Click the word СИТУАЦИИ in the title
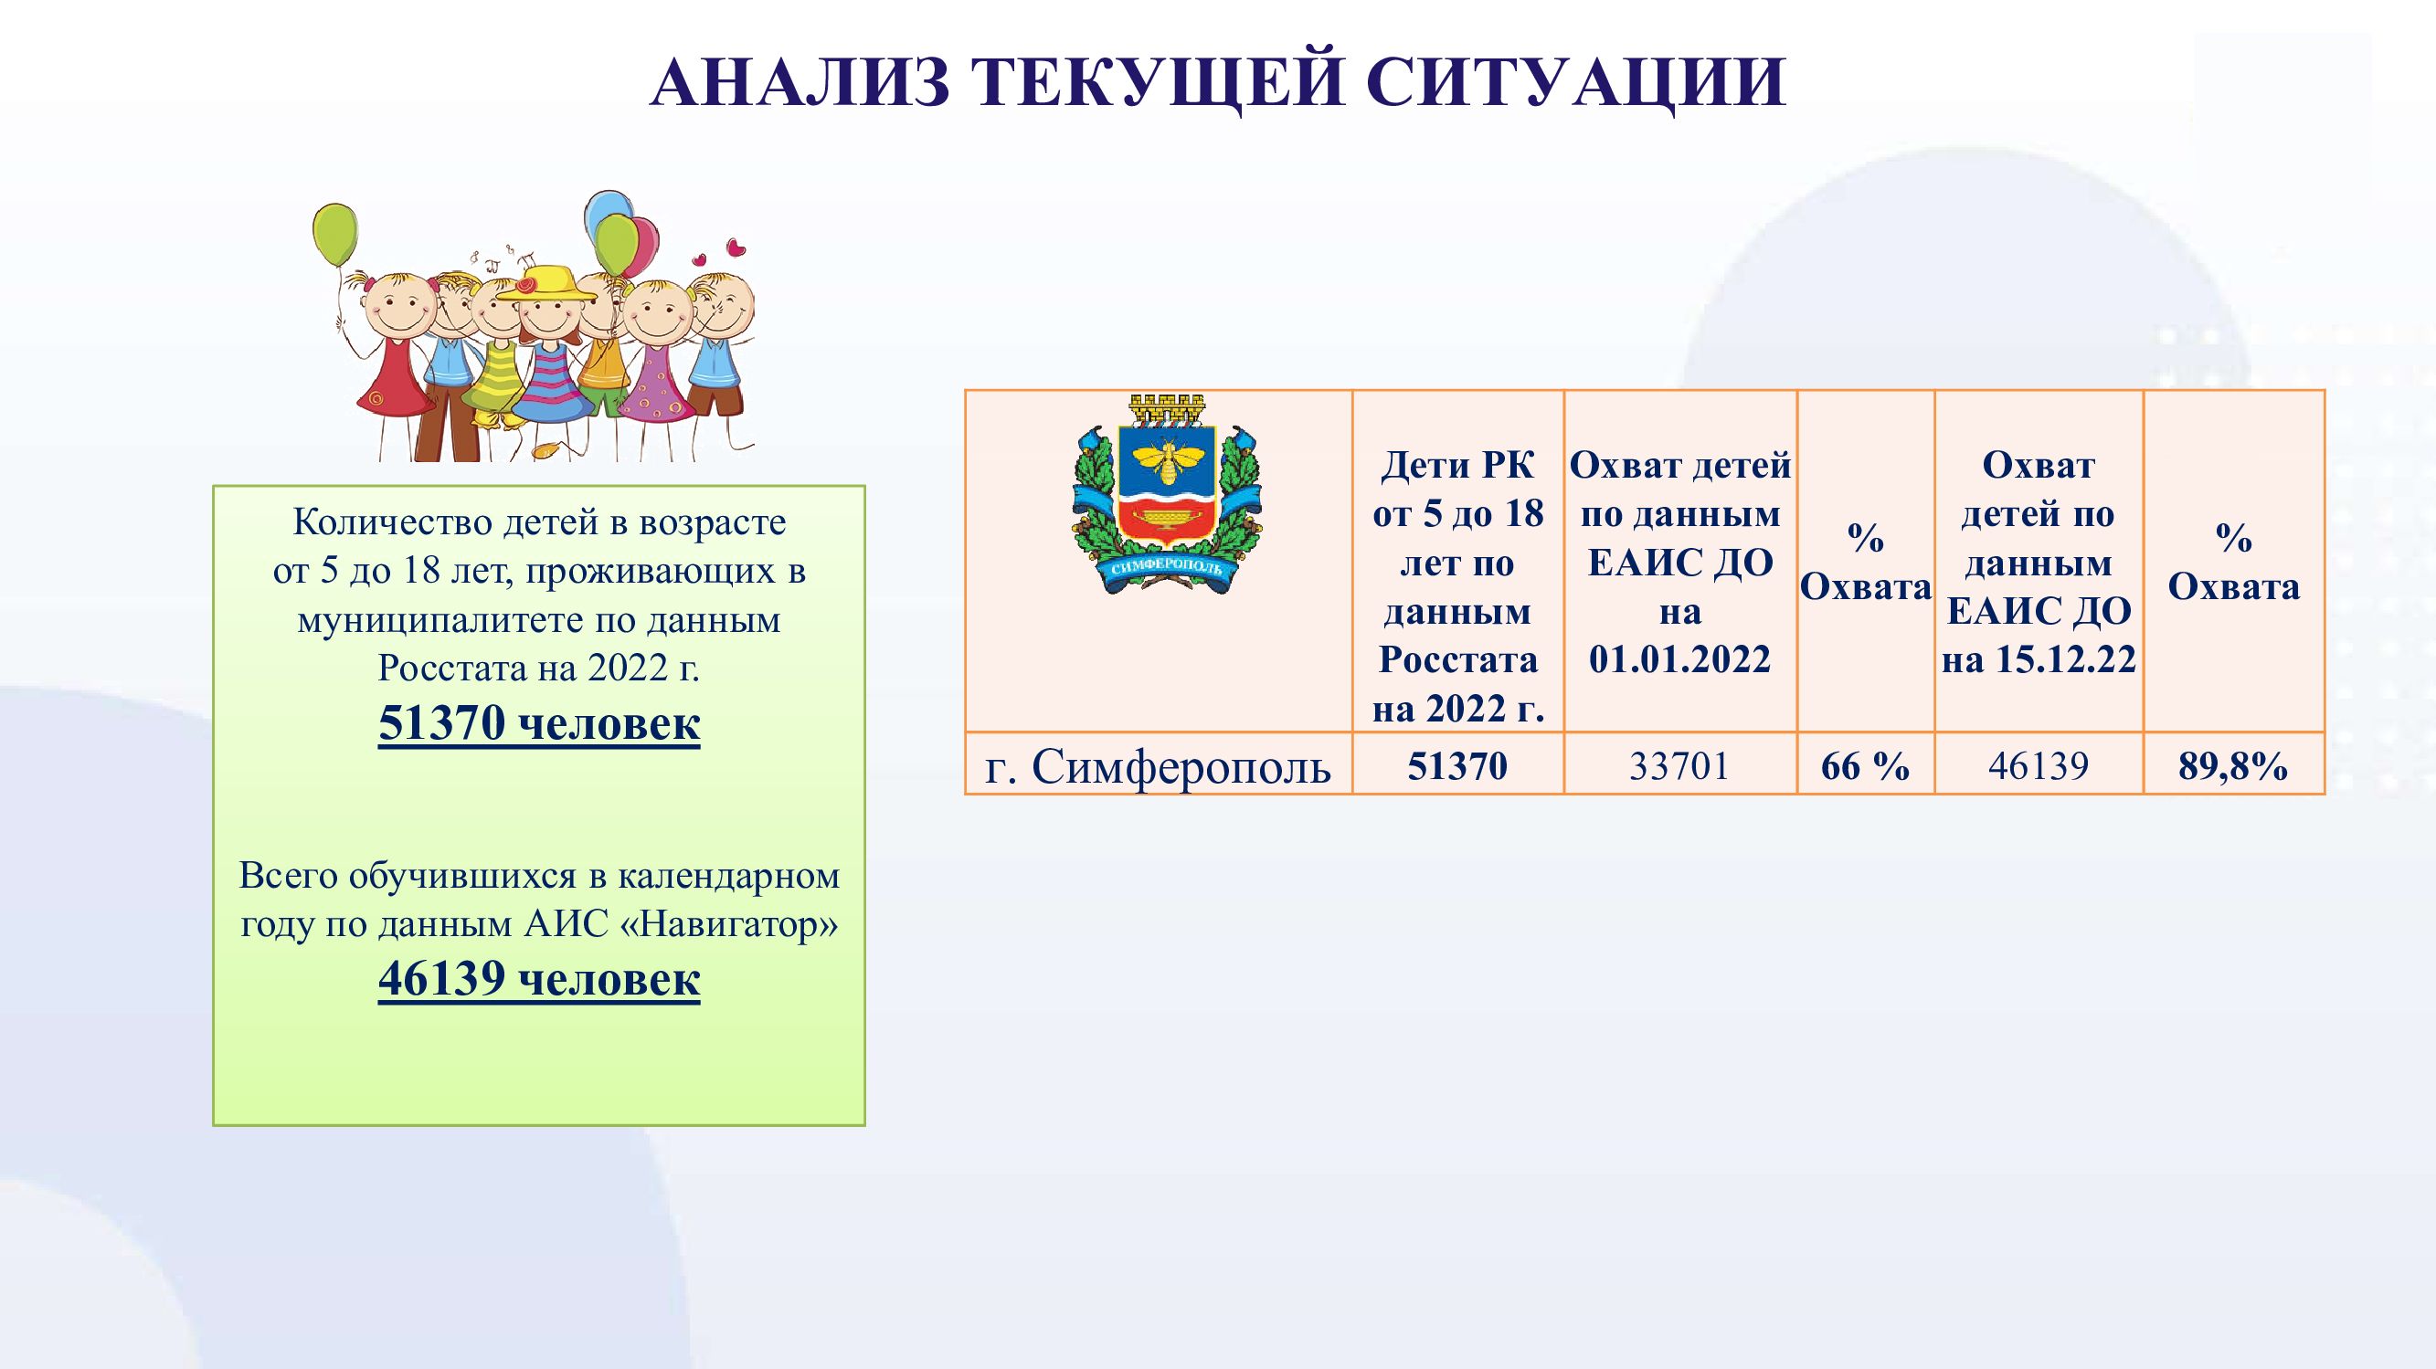tap(1575, 81)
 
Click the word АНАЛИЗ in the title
tap(800, 81)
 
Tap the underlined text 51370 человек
tap(539, 724)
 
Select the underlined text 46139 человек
tap(539, 978)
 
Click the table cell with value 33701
tap(1679, 764)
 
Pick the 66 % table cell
tap(1865, 764)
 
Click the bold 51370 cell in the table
tap(1457, 764)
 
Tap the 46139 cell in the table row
tap(2038, 764)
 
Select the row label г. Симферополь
tap(1158, 766)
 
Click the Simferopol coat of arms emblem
tap(1167, 494)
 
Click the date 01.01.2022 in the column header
tap(1679, 659)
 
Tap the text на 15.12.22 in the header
tap(2039, 659)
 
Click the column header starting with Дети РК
tap(1457, 586)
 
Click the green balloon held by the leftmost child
tap(334, 235)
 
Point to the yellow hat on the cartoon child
tap(545, 283)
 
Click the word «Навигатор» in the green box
tap(729, 923)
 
